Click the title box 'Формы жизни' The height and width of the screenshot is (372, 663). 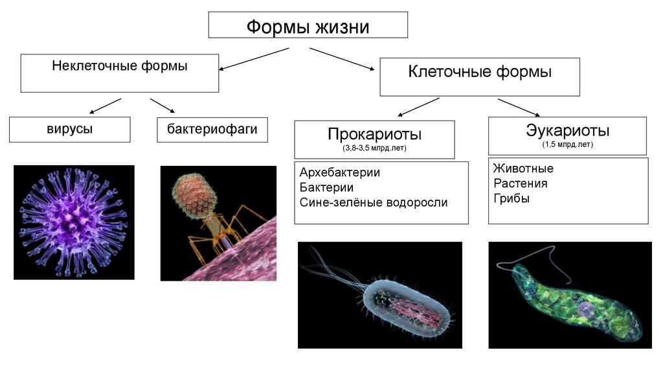click(x=308, y=27)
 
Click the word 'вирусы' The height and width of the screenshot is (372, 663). click(x=69, y=129)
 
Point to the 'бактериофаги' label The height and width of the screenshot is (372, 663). click(x=212, y=129)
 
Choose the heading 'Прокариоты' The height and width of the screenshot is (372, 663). click(x=375, y=134)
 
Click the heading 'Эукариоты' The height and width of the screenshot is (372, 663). click(x=567, y=130)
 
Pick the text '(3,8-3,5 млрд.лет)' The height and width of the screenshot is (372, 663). click(x=375, y=148)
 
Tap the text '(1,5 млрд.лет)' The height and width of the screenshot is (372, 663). click(x=567, y=145)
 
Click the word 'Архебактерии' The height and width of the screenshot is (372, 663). click(x=339, y=173)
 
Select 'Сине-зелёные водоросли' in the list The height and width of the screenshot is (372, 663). click(x=374, y=202)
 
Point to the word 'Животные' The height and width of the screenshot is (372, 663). click(x=523, y=169)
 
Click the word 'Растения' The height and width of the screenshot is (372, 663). click(x=520, y=183)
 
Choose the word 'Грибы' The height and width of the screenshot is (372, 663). click(x=511, y=198)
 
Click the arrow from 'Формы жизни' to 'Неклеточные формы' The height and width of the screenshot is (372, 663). click(x=254, y=58)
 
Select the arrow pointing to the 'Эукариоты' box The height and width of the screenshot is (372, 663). click(x=519, y=108)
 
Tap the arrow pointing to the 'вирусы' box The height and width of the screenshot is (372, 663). click(x=105, y=106)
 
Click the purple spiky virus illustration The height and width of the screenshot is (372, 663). click(x=73, y=222)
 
